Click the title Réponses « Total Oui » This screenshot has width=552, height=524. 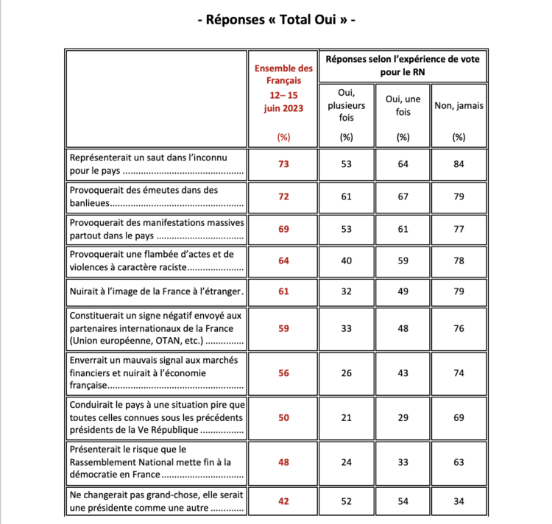coord(276,21)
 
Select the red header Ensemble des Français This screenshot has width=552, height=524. coord(283,74)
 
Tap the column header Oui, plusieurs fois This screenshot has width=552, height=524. coord(346,105)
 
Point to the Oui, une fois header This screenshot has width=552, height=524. coord(403,105)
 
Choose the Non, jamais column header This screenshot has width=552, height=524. coord(459,105)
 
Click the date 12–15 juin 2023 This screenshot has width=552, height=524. coord(283,102)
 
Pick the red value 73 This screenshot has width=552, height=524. coord(283,164)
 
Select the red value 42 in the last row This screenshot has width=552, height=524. coord(283,503)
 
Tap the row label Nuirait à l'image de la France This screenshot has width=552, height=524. coord(155,291)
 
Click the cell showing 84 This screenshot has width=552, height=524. coord(459,164)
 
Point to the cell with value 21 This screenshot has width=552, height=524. coord(346,417)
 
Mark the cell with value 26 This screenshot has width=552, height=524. coord(346,373)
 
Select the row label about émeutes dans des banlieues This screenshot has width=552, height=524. coord(155,196)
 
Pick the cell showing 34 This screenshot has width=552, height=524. coord(459,503)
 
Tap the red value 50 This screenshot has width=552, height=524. coord(283,417)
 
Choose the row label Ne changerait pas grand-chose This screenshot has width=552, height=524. coord(155,503)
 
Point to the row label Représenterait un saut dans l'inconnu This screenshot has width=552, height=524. coord(155,164)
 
